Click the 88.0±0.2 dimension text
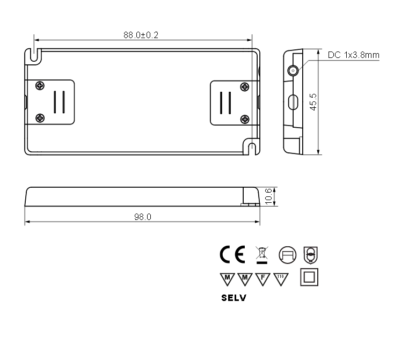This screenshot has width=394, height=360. click(x=141, y=35)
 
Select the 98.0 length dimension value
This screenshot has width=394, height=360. click(x=142, y=217)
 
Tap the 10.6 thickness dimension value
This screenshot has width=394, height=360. click(x=268, y=196)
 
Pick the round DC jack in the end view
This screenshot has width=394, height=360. click(x=293, y=71)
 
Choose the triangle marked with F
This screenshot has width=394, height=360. click(x=262, y=278)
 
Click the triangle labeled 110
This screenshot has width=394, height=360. click(x=280, y=278)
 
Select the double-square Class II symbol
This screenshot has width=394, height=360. click(x=309, y=277)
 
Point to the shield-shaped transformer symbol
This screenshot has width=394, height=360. click(x=310, y=254)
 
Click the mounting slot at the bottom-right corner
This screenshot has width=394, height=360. click(x=252, y=148)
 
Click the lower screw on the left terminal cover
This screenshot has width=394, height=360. click(x=39, y=118)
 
